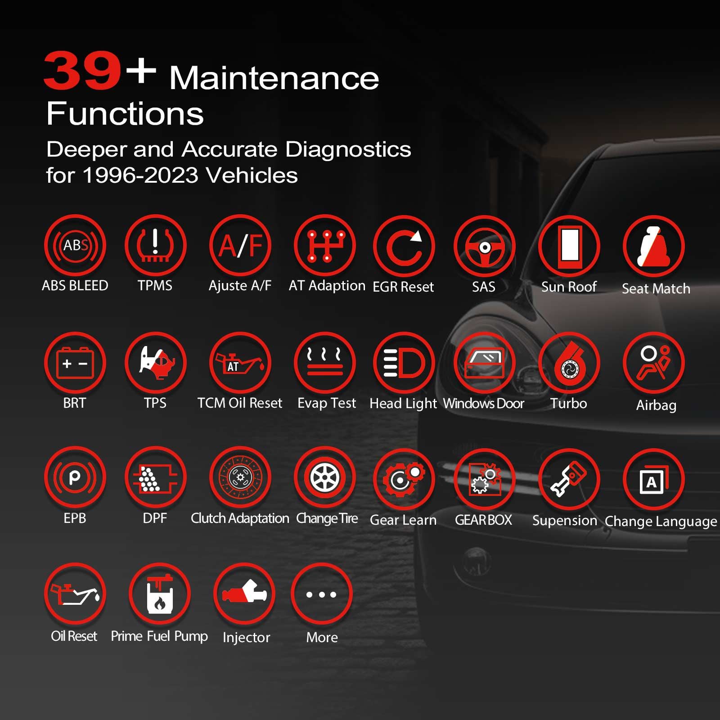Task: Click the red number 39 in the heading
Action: [x=82, y=71]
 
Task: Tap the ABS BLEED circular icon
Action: [x=75, y=246]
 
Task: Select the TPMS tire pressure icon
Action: [x=155, y=246]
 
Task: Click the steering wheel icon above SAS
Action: [x=484, y=247]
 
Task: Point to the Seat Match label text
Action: [x=656, y=288]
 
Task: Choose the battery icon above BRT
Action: [x=75, y=363]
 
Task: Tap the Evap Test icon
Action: [x=325, y=363]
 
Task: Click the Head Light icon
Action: [x=404, y=363]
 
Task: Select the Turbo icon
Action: [x=569, y=363]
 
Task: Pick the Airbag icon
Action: [x=653, y=363]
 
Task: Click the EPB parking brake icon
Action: [x=75, y=477]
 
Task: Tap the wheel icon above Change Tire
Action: [x=325, y=477]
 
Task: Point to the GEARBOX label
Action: [x=483, y=520]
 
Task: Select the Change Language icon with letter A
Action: [x=653, y=480]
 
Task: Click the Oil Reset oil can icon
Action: [x=75, y=594]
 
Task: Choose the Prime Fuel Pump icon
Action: [x=160, y=594]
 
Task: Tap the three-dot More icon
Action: [x=322, y=594]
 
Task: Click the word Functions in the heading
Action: [x=125, y=113]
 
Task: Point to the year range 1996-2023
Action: [x=140, y=175]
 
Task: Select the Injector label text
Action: [x=246, y=637]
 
